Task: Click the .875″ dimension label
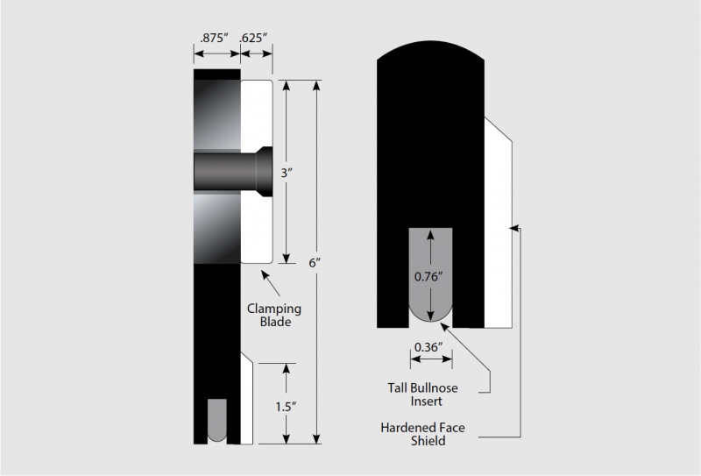214,38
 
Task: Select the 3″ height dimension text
287,173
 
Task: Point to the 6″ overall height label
315,263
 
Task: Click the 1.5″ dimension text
287,407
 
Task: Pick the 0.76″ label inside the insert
428,276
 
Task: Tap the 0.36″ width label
428,347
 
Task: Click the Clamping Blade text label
274,315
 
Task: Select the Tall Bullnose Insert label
423,394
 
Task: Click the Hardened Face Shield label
423,434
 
